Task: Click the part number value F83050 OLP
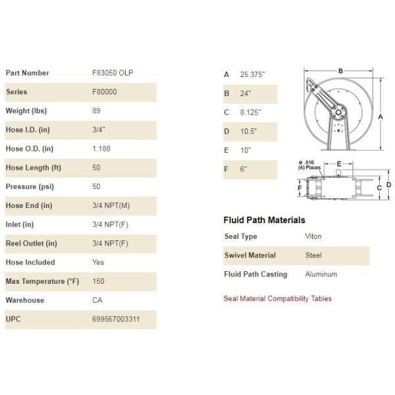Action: pos(116,73)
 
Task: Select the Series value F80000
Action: pos(105,92)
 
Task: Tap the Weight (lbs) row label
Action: pos(26,111)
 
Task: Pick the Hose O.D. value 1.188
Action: pos(101,149)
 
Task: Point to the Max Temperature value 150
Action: pos(98,282)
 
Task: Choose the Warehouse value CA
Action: pos(97,300)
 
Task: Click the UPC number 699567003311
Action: pos(116,320)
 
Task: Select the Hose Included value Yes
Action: pos(99,262)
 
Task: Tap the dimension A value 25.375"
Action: pos(255,74)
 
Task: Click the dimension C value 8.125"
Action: pos(252,113)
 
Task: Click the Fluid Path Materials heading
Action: pos(265,220)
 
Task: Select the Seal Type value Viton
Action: pos(314,236)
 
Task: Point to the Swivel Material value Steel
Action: pos(314,255)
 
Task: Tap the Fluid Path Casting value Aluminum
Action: pos(321,274)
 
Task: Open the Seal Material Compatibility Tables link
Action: pos(278,299)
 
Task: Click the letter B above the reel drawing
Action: pos(340,70)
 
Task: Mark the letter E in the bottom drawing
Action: pos(339,163)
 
